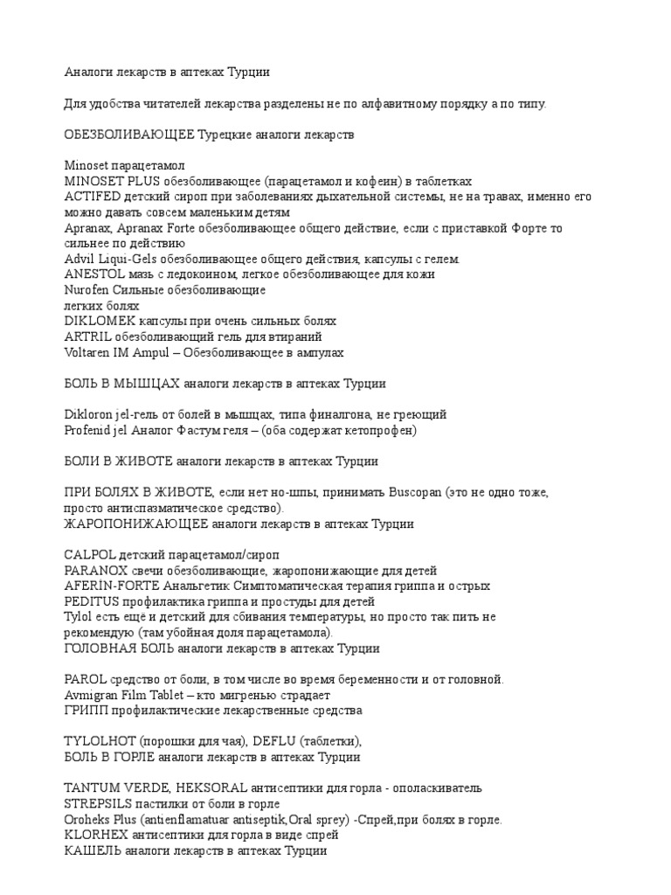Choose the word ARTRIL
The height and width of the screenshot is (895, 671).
click(86, 336)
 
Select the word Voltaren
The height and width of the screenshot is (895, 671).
click(87, 352)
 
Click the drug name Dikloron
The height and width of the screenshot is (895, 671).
click(89, 414)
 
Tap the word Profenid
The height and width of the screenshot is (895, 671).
click(88, 430)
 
